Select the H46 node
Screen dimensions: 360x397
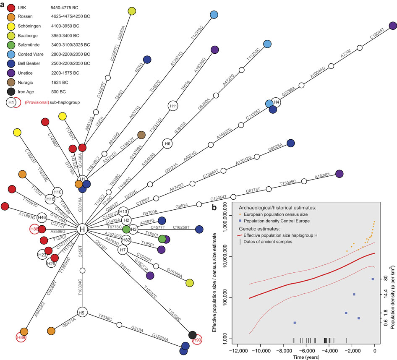[42, 218]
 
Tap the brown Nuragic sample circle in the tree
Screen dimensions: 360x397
[141, 135]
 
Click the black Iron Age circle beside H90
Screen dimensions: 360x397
[192, 335]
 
